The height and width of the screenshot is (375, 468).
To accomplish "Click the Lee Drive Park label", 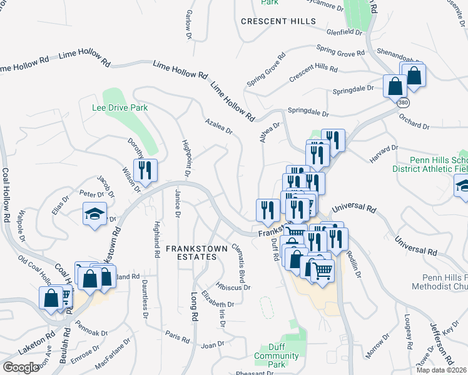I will [x=120, y=107].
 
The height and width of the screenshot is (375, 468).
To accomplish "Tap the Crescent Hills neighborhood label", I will [x=278, y=21].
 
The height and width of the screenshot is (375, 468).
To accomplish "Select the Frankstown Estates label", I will [x=192, y=252].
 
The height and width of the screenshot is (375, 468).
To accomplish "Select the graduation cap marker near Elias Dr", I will [x=94, y=215].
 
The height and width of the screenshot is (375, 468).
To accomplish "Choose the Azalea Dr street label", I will [x=218, y=127].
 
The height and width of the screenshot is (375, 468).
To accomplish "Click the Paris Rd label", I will [x=177, y=337].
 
